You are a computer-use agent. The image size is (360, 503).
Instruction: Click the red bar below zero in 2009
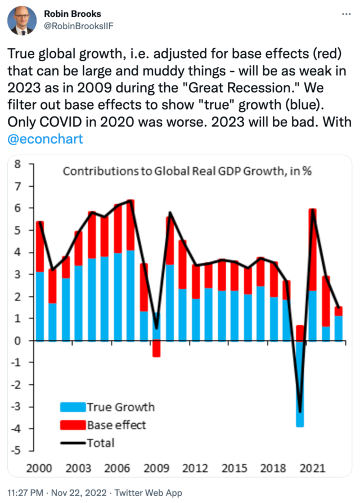[156, 348]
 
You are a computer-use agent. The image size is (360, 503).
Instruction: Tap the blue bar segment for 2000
[40, 306]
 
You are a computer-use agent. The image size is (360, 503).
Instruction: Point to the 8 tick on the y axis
[17, 165]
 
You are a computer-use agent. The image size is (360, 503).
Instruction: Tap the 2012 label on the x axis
[196, 468]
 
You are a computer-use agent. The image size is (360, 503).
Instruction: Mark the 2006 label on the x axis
[118, 468]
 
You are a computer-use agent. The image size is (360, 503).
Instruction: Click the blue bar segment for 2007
[130, 295]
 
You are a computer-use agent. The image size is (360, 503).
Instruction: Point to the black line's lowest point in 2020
[300, 412]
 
